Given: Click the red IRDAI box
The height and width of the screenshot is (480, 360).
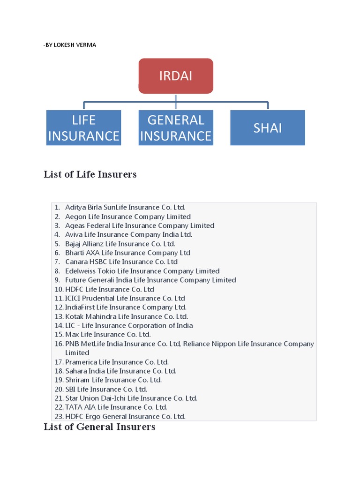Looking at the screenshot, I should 176,75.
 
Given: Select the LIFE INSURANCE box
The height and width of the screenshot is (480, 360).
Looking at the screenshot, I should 84,128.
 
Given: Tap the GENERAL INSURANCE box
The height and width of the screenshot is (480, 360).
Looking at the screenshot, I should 176,128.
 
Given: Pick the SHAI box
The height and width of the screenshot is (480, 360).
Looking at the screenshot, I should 268,128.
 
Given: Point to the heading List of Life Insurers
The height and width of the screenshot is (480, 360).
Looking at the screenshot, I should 90,174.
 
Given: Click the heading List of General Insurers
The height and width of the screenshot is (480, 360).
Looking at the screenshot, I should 99,427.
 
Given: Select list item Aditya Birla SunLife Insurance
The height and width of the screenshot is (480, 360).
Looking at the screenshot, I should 125,207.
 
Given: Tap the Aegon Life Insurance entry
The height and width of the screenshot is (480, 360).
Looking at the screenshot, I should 127,217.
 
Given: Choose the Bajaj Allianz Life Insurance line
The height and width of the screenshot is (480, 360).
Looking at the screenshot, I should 120,244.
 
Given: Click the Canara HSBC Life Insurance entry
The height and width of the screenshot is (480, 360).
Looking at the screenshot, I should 121,262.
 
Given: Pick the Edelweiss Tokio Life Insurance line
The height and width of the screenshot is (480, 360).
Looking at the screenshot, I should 142,271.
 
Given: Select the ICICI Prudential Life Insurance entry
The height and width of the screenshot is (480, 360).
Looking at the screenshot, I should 125,298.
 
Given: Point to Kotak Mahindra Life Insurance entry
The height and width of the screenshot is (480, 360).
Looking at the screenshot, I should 127,316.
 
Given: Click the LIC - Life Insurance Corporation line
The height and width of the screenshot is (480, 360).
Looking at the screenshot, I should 129,325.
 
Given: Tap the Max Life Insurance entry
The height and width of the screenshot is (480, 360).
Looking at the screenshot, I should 108,335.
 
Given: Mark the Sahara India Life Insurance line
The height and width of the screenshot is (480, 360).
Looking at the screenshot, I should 121,371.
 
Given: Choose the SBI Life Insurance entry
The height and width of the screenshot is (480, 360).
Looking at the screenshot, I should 106,389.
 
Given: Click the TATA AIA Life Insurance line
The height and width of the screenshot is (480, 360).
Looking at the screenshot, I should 116,407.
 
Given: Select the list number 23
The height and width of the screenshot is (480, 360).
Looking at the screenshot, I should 59,416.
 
